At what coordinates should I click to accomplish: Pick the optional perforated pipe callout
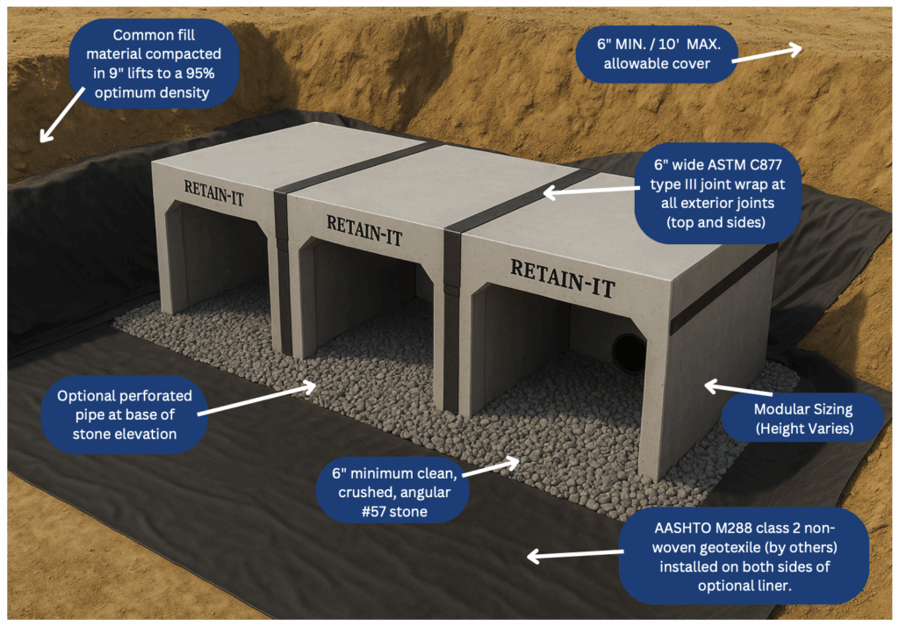pos(123,414)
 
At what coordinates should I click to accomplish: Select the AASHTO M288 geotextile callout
pos(742,554)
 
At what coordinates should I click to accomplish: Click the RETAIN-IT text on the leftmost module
pos(214,192)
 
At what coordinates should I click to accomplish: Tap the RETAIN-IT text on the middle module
pos(364,230)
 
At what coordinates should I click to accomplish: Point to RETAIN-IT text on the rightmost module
pos(562,277)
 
